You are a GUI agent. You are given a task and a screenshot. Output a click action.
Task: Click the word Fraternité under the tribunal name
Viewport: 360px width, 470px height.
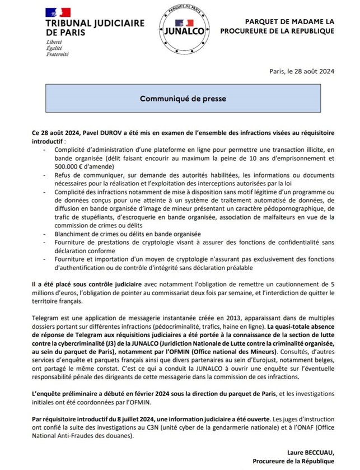(58, 55)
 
